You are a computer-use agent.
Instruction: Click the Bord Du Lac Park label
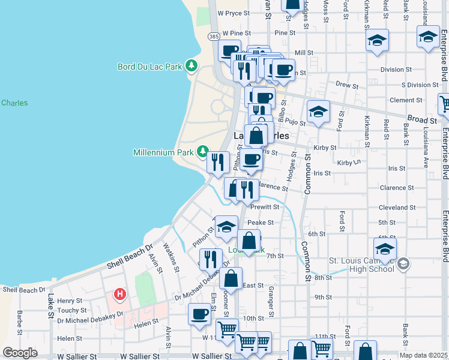[x=149, y=67]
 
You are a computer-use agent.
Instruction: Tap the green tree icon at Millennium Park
[x=203, y=151]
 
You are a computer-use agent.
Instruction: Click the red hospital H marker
[x=120, y=295]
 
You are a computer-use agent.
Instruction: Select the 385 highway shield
[x=214, y=37]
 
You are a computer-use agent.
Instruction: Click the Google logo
[x=20, y=353]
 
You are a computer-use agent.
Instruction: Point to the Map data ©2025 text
[x=424, y=355]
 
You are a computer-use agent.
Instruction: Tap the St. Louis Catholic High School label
[x=361, y=264]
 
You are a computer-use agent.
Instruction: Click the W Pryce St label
[x=233, y=13]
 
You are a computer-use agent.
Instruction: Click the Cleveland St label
[x=397, y=208]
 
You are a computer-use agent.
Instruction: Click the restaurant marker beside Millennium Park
[x=217, y=161]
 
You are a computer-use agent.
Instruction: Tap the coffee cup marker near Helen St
[x=199, y=313]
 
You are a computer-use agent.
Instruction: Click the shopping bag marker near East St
[x=231, y=278]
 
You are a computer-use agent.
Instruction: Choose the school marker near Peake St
[x=226, y=226]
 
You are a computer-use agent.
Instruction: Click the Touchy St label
[x=70, y=311]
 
